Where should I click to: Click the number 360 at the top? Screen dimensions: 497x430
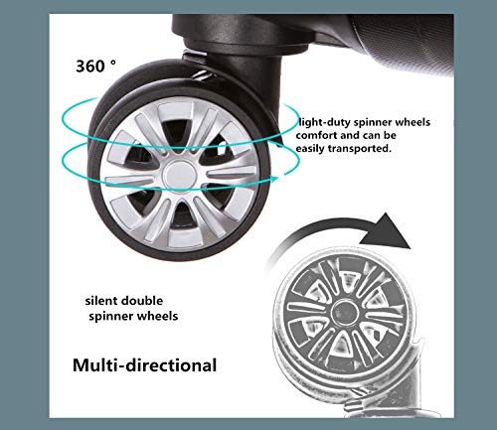[90, 67]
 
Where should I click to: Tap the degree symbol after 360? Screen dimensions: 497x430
[113, 62]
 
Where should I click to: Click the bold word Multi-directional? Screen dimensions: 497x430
[144, 365]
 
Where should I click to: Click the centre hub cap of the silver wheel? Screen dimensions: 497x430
[180, 175]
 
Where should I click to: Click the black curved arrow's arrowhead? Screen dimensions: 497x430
[387, 231]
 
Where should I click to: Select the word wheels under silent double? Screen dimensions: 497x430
[158, 316]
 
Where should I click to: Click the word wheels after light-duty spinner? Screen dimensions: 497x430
[413, 122]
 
